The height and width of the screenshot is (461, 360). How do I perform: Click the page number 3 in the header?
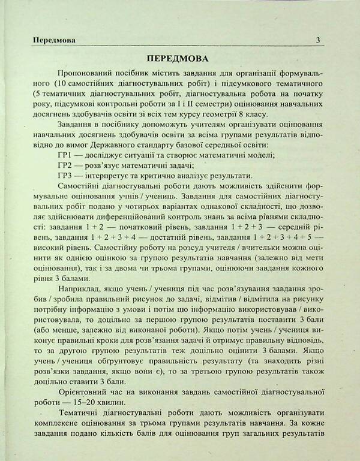318,41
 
